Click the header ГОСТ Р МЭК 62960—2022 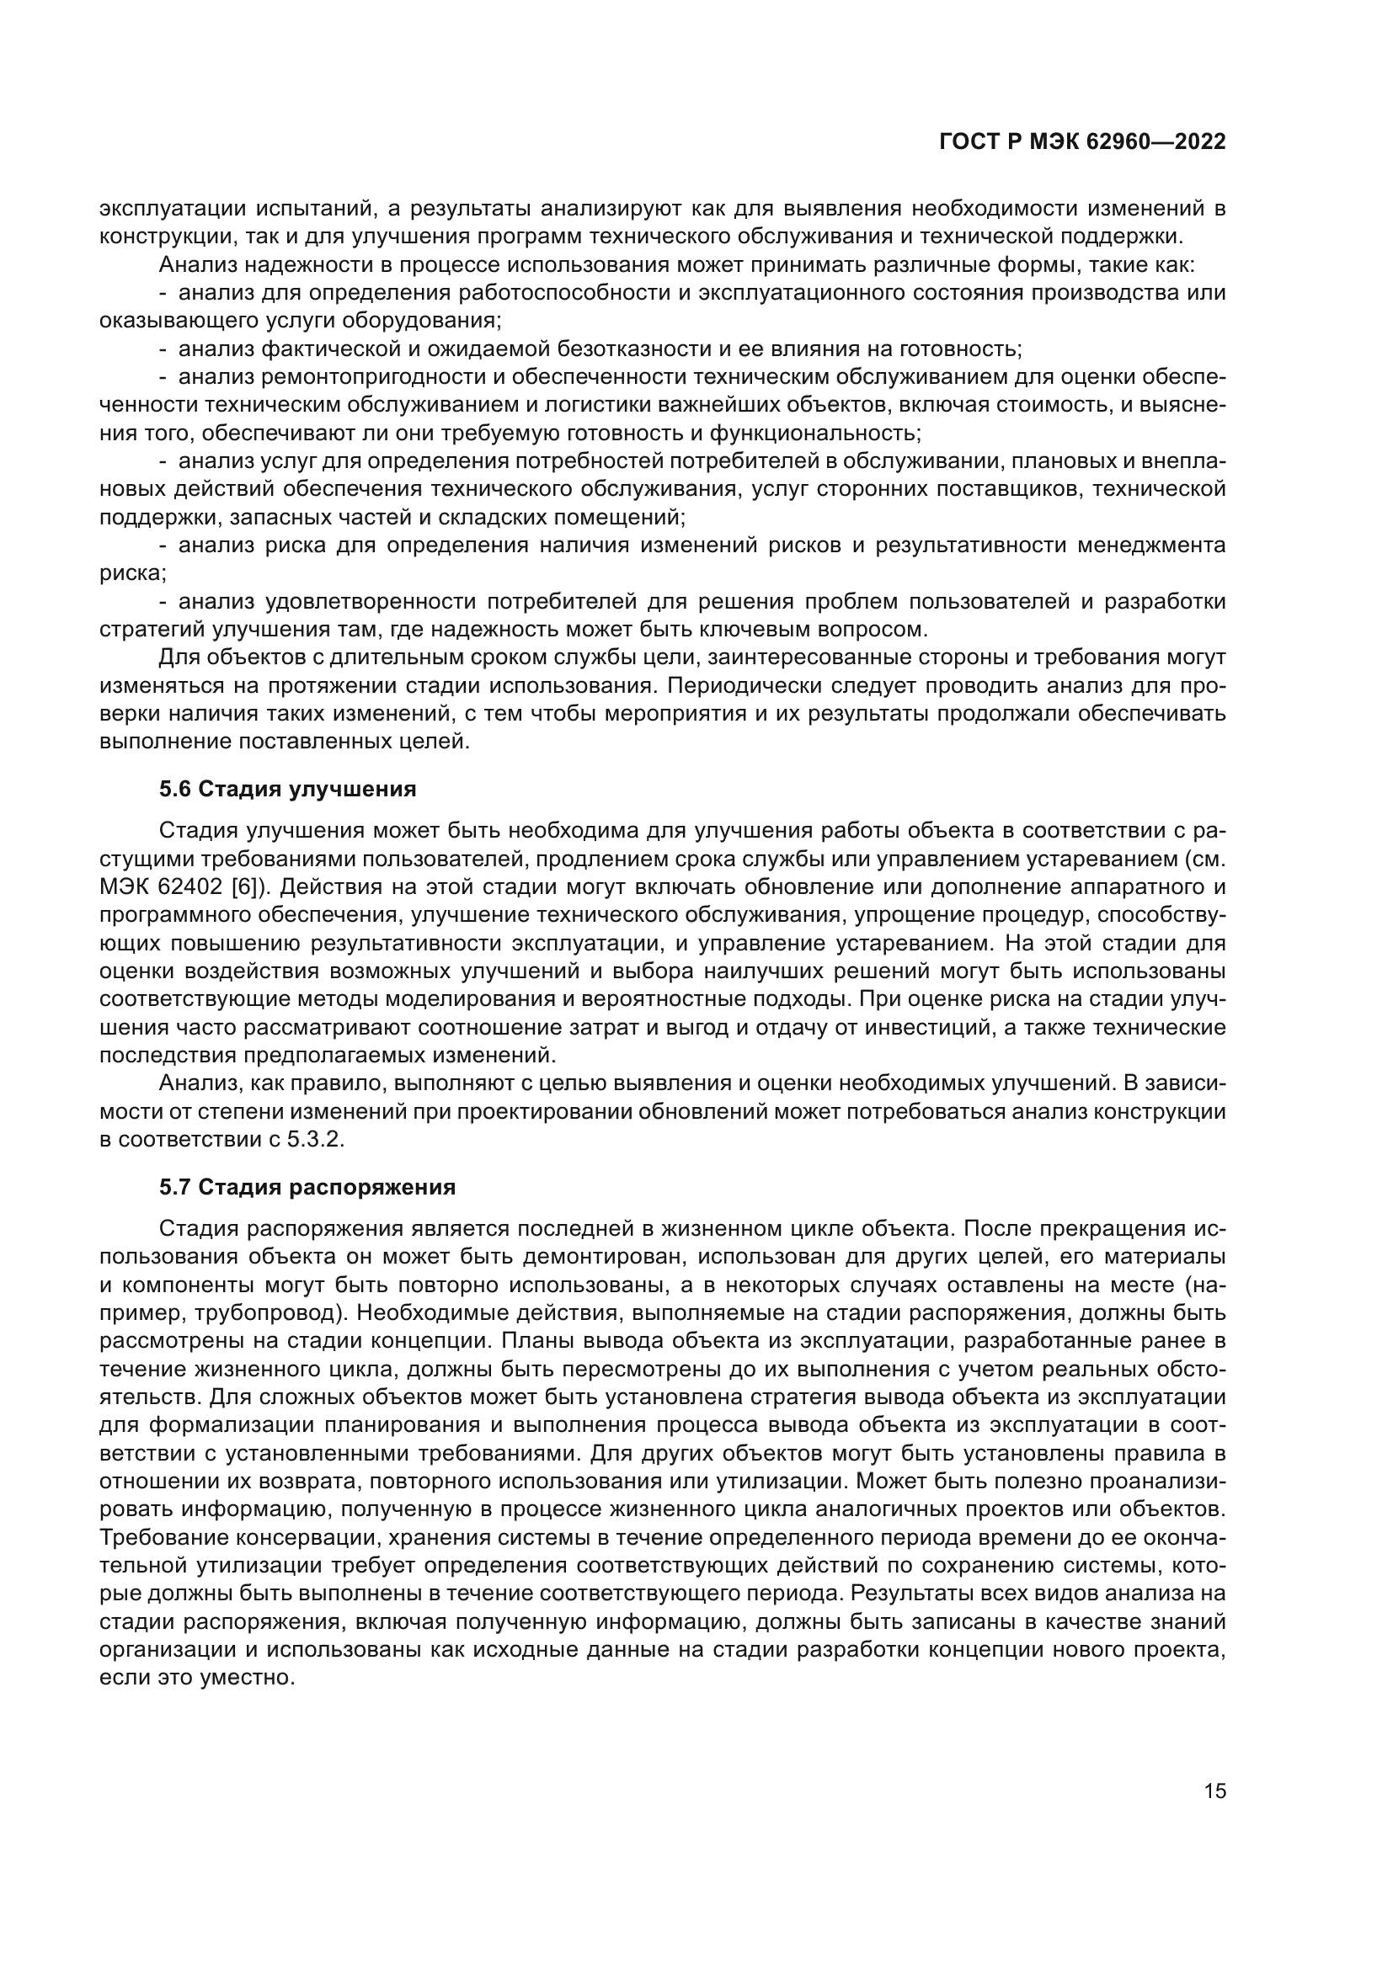tap(1082, 142)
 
